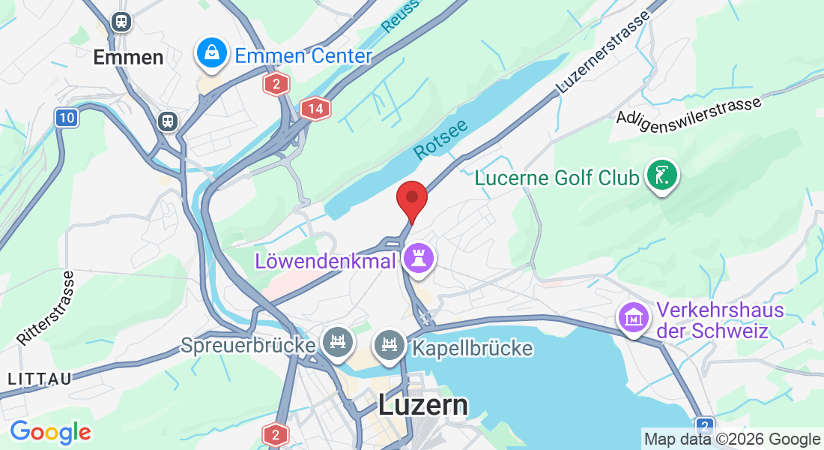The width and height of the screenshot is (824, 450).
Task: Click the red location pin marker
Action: [411, 199]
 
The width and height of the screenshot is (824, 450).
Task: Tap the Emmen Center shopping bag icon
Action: [213, 52]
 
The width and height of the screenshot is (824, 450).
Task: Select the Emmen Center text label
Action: [303, 56]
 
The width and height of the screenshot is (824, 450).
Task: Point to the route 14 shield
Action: [315, 109]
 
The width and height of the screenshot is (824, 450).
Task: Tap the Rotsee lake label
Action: [440, 139]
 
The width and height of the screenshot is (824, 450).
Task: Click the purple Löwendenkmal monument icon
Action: [418, 258]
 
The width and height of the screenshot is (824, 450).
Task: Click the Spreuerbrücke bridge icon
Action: [338, 342]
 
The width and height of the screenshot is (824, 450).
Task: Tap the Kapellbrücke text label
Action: [472, 348]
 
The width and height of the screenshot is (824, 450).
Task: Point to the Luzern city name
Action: [423, 405]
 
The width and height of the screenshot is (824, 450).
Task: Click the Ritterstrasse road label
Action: [46, 308]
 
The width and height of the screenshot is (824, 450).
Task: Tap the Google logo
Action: [50, 432]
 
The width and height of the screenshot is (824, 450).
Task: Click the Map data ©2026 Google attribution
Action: [732, 439]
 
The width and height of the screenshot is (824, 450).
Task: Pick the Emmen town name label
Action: [128, 57]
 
